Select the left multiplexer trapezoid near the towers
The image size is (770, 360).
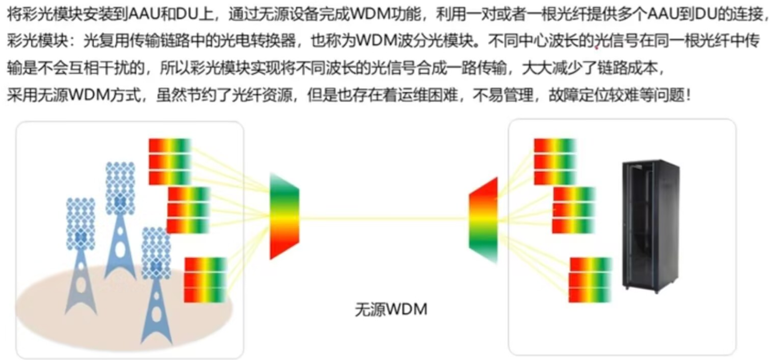(x=284, y=216)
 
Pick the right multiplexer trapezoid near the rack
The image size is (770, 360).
(x=483, y=219)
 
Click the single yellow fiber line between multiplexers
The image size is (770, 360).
(x=384, y=218)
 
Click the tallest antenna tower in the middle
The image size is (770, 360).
(x=120, y=218)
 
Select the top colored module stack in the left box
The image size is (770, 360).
(x=169, y=161)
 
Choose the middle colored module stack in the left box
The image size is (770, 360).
(x=188, y=209)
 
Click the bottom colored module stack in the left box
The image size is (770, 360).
(x=205, y=280)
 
